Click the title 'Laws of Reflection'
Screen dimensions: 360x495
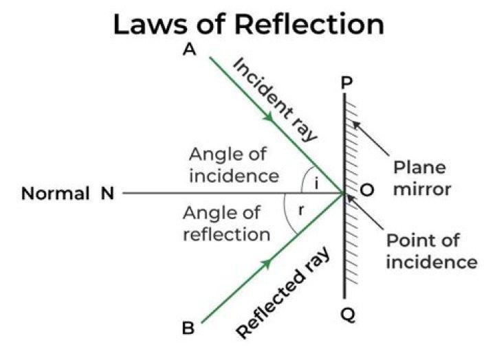(x=248, y=24)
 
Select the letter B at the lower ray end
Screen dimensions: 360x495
(x=188, y=328)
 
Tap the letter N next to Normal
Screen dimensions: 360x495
(x=107, y=194)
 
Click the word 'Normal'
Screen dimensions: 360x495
(x=56, y=194)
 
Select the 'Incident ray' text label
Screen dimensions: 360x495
(x=276, y=99)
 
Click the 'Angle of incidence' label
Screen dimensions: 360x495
(x=234, y=165)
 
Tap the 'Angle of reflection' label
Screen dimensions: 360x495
(x=226, y=223)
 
